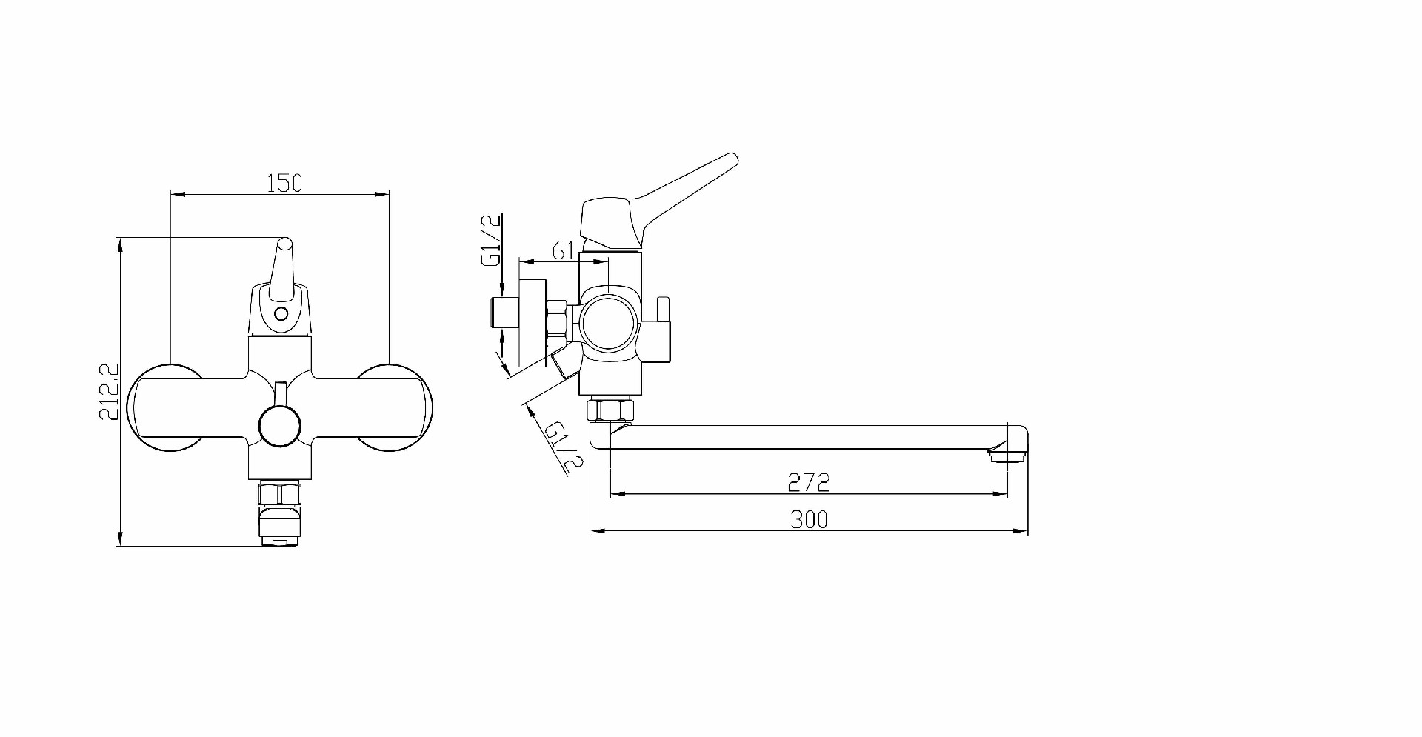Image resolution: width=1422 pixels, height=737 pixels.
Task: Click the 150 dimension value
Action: coord(284,182)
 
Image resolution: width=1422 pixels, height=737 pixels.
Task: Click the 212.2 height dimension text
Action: coord(109,392)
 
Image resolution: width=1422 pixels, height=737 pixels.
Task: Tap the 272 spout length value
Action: coord(808,483)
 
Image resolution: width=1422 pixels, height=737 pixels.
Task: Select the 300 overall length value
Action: coord(809,520)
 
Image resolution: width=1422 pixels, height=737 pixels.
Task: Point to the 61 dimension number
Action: coord(564,250)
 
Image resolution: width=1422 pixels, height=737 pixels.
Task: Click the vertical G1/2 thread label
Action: coord(492,239)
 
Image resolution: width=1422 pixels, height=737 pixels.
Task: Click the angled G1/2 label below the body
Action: coord(564,447)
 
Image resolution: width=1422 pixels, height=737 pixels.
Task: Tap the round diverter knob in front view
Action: coord(280,426)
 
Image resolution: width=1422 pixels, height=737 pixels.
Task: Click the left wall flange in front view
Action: coord(164,408)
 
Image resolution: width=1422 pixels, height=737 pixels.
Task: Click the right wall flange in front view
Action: coord(395,408)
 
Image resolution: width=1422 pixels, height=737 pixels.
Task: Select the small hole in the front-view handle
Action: coord(281,313)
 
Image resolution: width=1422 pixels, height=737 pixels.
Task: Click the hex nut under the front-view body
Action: coord(280,493)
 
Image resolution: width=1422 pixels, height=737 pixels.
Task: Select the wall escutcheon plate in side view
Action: coord(533,323)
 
